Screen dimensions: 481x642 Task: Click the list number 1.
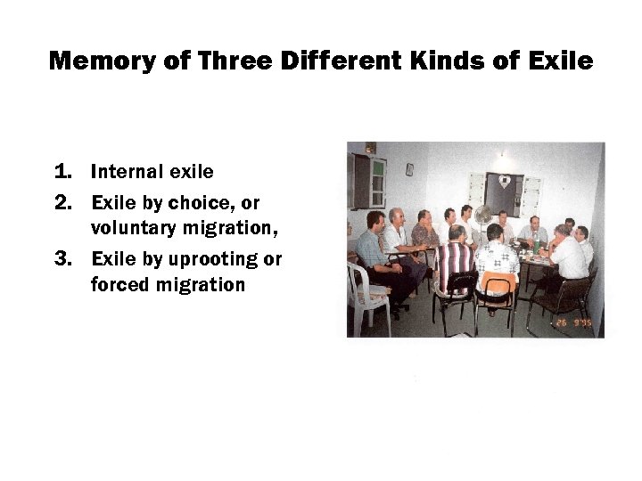point(62,171)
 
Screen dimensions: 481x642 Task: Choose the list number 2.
point(62,202)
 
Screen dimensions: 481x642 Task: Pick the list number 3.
point(62,259)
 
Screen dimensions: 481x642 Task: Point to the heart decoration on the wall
point(504,181)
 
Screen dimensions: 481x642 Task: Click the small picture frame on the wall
point(408,168)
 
